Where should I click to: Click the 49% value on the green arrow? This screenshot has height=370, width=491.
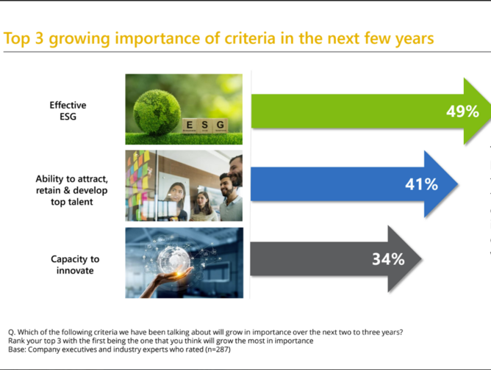[x=462, y=112]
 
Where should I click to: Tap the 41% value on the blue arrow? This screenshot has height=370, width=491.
[x=421, y=184]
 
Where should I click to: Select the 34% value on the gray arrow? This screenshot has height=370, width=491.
[x=388, y=259]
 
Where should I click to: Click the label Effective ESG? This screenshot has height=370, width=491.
[x=68, y=111]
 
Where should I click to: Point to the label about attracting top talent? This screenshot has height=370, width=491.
[x=72, y=190]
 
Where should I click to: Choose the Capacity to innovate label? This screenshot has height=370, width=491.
[x=75, y=264]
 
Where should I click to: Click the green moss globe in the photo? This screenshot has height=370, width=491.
[x=157, y=112]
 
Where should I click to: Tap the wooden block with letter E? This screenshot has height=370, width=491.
[x=190, y=126]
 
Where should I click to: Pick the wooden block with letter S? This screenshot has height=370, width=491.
[x=205, y=126]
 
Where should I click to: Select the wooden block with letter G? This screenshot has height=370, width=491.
[x=220, y=126]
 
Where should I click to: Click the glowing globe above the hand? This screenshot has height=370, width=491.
[x=173, y=259]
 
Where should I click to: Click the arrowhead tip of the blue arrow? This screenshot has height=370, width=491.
[x=459, y=184]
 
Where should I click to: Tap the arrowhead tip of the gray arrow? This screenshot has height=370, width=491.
[x=422, y=259]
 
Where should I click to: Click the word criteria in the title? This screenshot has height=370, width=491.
[x=250, y=38]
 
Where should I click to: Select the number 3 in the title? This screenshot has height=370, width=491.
[x=39, y=38]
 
